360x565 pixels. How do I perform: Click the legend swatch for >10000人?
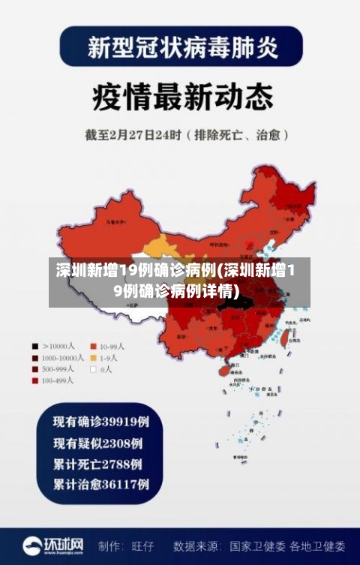[34, 347]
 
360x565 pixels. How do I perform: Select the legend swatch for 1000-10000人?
[34, 358]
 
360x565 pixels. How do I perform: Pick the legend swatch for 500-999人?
[34, 369]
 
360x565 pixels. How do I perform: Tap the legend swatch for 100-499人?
[34, 380]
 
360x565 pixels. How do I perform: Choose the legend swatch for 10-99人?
[94, 347]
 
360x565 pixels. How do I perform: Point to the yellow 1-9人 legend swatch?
[94, 358]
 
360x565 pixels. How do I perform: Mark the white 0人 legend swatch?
[94, 369]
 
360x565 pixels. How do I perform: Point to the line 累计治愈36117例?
[100, 484]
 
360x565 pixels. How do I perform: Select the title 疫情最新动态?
[179, 97]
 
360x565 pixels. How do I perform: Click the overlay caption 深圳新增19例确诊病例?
[179, 280]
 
